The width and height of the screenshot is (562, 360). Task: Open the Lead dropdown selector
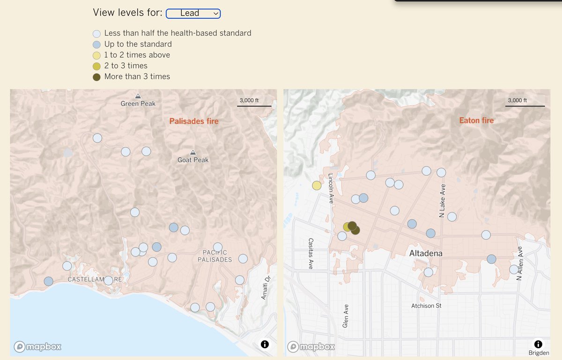(193, 14)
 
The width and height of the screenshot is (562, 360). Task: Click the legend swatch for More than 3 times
(97, 77)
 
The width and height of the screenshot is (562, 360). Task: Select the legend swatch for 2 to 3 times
(97, 66)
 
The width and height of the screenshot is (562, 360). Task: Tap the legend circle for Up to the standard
(97, 45)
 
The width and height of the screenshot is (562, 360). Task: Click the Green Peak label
(138, 104)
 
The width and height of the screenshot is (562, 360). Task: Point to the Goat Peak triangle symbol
(193, 152)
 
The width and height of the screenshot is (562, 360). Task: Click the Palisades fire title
(194, 121)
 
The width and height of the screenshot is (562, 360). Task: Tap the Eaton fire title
(476, 120)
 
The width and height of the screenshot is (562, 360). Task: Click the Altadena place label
(426, 254)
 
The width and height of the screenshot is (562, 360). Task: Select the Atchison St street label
(426, 306)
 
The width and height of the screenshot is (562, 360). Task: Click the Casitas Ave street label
(311, 253)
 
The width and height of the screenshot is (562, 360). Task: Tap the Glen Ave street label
(345, 315)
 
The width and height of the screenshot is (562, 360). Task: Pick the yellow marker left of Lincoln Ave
(317, 186)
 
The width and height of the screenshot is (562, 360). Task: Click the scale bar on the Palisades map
(254, 106)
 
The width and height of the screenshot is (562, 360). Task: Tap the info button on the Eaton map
(538, 344)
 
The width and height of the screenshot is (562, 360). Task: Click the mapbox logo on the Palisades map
(37, 347)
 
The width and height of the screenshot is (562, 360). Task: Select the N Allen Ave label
(519, 263)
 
